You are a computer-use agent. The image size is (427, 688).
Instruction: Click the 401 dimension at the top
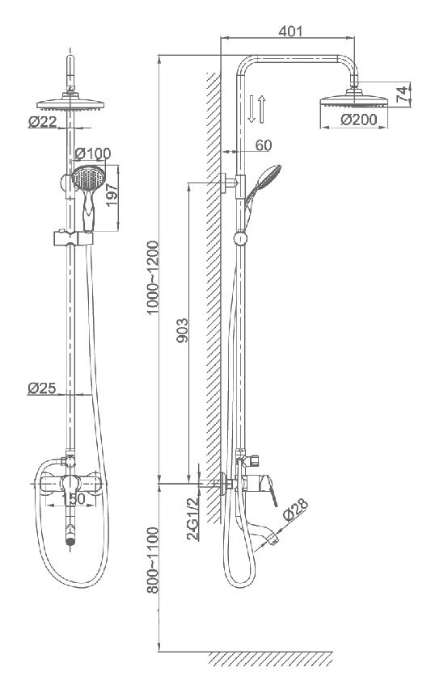(290, 31)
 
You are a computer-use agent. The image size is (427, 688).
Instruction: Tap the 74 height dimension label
(402, 94)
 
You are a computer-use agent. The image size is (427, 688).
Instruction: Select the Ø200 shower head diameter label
(358, 120)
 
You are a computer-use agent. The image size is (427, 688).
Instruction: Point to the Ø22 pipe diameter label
(43, 121)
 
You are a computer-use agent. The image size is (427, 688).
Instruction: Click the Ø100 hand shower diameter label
(93, 153)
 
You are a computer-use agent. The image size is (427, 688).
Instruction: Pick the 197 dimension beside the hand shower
(112, 195)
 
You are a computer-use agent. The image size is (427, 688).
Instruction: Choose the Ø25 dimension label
(42, 388)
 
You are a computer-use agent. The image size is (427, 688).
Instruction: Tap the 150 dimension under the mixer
(73, 499)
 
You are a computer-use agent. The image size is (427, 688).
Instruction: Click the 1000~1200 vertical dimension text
(152, 277)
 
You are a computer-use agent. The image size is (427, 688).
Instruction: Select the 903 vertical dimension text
(182, 330)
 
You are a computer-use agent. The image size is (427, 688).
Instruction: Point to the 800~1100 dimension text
(152, 560)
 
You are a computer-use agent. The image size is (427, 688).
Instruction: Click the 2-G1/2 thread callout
(192, 519)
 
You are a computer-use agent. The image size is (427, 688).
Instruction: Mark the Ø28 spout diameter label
(295, 510)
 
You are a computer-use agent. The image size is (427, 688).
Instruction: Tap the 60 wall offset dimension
(264, 145)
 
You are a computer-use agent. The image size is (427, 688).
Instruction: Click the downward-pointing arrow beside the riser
(252, 109)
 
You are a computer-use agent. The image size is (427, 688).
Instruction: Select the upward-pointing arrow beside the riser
(262, 109)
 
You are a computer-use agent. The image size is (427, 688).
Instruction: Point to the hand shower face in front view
(89, 178)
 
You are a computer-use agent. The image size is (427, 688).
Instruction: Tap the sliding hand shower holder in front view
(74, 238)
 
